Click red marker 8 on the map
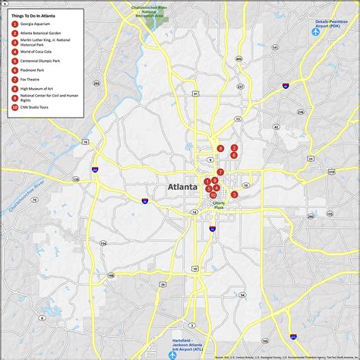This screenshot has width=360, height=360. [x=220, y=149]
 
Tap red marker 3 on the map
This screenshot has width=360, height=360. [x=235, y=194]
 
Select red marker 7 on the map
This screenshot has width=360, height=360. [x=220, y=172]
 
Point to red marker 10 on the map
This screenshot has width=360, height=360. [x=213, y=195]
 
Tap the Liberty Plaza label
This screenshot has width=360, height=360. [x=219, y=205]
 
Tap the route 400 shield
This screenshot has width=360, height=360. [x=239, y=58]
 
